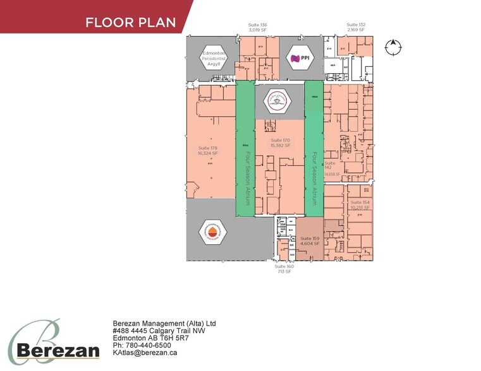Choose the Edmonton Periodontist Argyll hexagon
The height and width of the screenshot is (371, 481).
tap(214, 59)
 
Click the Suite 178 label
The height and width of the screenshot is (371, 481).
tap(207, 150)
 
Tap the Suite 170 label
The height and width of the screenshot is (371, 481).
tap(280, 143)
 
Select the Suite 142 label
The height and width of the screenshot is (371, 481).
tap(330, 165)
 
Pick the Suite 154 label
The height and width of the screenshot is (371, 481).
tap(360, 204)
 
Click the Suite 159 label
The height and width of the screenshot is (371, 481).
tap(310, 240)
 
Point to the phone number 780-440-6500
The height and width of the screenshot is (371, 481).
tap(147, 345)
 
